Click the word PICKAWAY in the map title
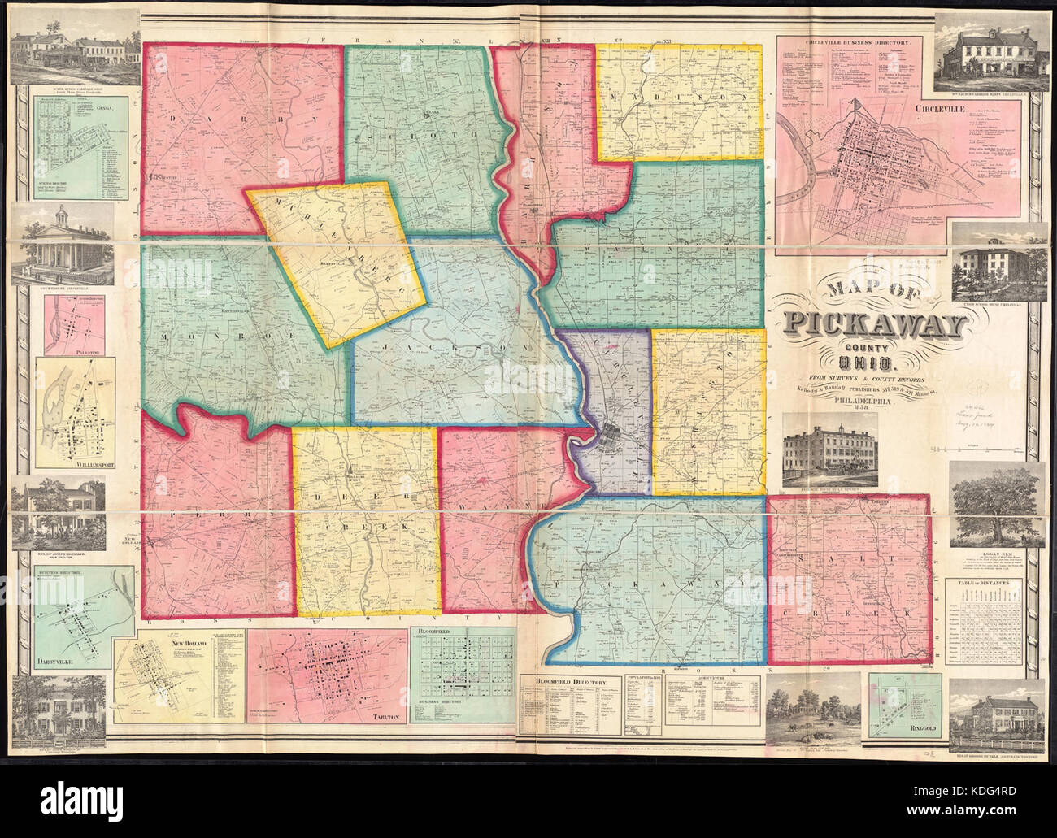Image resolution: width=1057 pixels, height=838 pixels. tap(873, 325)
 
